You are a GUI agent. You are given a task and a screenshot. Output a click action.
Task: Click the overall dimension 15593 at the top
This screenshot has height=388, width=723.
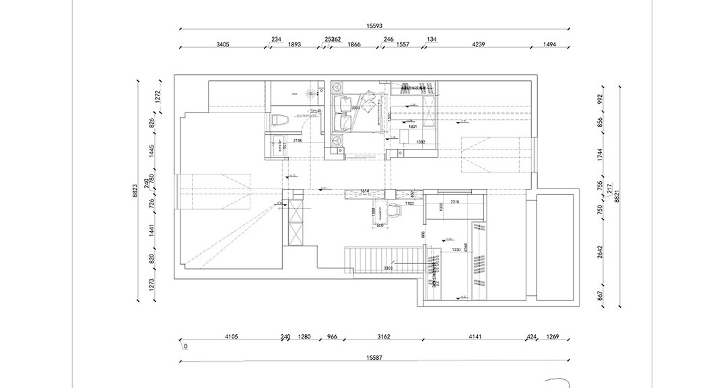point(374,26)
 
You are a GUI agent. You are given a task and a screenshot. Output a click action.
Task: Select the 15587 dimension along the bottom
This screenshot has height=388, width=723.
point(374,357)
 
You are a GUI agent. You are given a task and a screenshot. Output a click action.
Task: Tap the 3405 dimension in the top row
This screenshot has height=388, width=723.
point(223,44)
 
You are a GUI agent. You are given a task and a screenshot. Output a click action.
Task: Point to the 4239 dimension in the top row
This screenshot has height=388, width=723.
point(478,44)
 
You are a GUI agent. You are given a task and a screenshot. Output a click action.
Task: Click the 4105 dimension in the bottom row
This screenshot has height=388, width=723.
point(232,336)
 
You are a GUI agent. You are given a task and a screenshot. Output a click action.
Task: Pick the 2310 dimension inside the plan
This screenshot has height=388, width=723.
point(454,202)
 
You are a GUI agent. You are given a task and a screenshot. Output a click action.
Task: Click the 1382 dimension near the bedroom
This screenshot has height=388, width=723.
point(421,142)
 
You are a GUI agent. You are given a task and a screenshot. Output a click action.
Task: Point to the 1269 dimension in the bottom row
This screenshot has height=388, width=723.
point(553,336)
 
